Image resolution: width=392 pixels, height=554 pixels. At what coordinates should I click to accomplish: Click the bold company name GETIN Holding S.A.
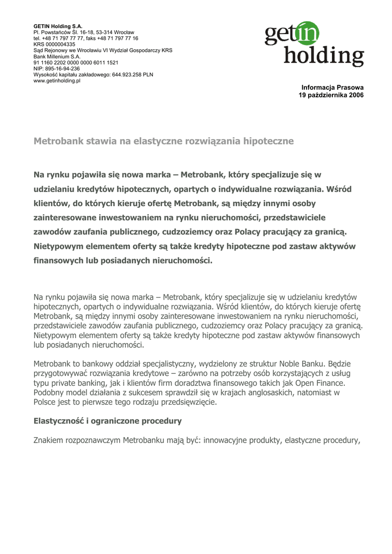point(58,27)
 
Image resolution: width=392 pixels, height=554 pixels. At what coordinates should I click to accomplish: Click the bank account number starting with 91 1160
point(76,62)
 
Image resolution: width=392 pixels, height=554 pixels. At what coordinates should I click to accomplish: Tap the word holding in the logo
point(324,56)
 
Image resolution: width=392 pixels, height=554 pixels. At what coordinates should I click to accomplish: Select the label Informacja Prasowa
point(332,88)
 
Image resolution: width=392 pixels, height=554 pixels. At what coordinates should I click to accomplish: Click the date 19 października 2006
point(331,95)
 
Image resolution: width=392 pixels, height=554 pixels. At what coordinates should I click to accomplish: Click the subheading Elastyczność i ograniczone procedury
point(107,421)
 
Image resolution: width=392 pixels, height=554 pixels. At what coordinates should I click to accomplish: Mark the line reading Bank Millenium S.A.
point(57,56)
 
